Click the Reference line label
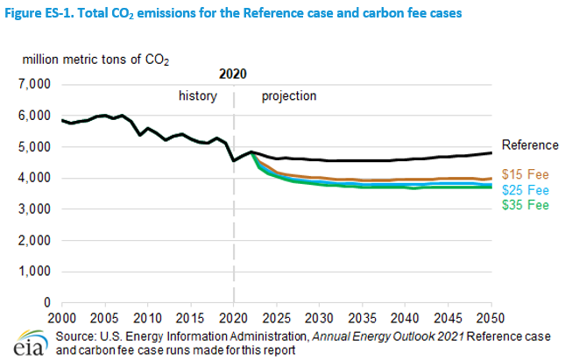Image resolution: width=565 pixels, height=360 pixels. pos(529,145)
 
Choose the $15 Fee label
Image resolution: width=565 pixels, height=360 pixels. pos(525,174)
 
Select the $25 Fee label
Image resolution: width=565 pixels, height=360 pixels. pos(525,189)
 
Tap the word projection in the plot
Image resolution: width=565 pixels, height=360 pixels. pos(289,94)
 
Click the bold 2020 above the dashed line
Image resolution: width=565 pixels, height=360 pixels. pos(233,74)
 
